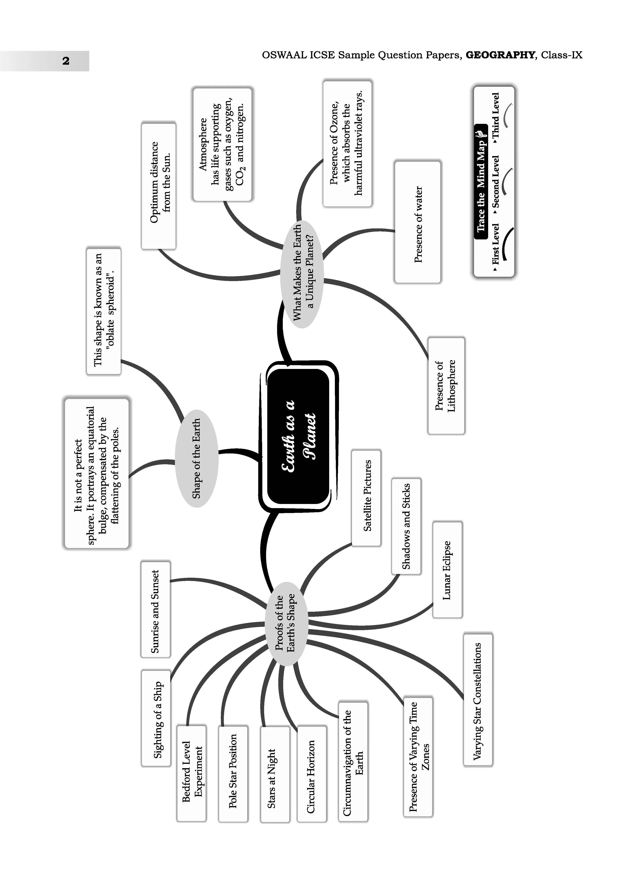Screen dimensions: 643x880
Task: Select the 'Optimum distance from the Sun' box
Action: click(158, 186)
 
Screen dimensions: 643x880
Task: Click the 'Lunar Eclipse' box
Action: click(448, 570)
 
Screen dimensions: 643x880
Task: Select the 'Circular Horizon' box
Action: click(312, 773)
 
